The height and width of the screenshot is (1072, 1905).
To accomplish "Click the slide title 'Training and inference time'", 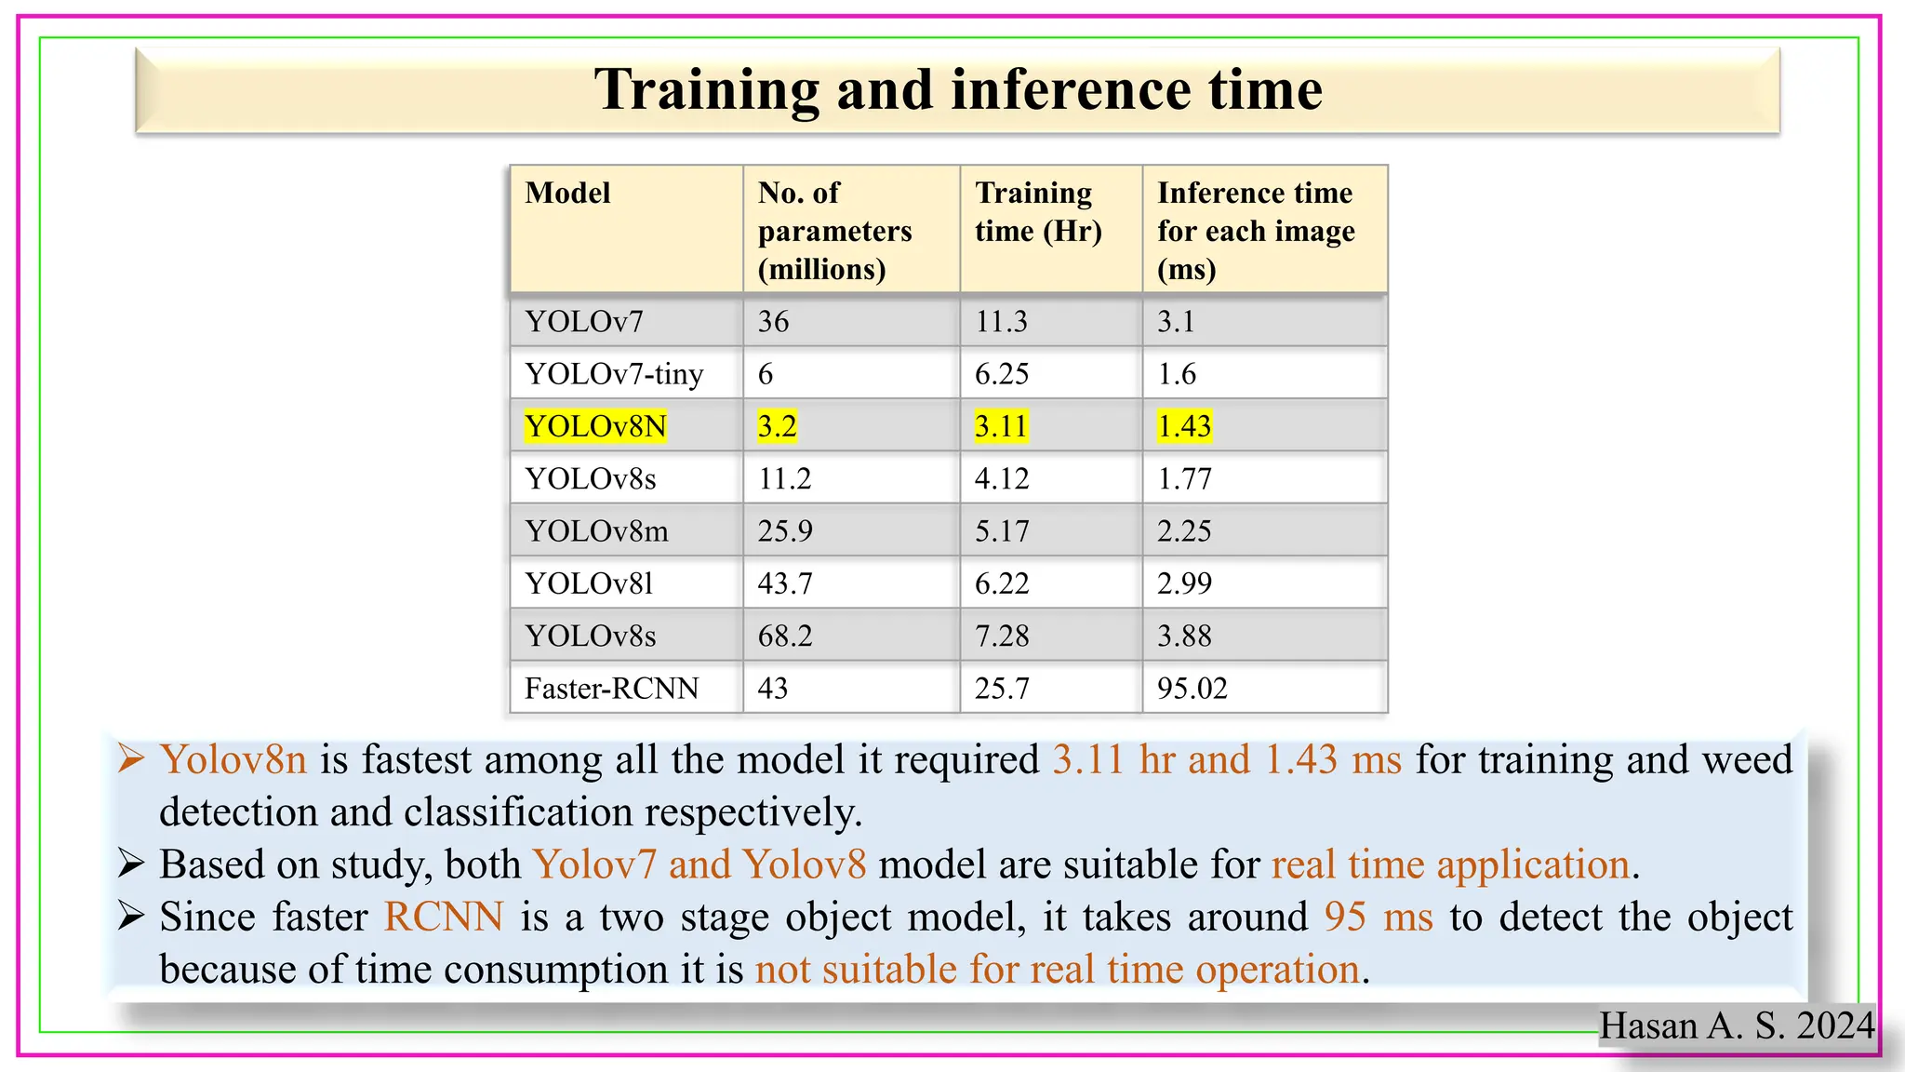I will coord(958,90).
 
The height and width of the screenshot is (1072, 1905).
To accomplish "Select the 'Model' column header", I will coord(567,194).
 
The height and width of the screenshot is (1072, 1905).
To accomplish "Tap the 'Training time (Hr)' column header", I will coord(1037,212).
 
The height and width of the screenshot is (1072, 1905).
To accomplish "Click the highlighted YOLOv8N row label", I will coord(595,426).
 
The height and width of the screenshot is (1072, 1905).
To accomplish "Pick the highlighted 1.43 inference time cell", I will coord(1184,426).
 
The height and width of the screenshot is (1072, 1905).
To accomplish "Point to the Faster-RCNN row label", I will coord(611,689).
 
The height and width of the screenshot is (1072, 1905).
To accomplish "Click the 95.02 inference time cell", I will coord(1192,689).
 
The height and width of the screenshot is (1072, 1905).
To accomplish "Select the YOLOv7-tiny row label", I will coord(614,374).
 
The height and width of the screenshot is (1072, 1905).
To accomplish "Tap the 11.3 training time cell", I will coord(1001,322).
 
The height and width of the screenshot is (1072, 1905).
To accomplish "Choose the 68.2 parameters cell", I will coord(785,636).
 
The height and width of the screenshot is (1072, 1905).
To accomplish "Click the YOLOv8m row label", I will coord(596,531).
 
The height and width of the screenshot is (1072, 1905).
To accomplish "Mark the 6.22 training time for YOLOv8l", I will coord(1002,583).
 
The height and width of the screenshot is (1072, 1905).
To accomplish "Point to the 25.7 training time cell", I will coord(1001,689).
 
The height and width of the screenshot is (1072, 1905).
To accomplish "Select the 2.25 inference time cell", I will coord(1184,531).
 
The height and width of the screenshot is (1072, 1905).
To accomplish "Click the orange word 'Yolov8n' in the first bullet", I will coord(233,760).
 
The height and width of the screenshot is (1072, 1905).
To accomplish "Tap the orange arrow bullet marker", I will coord(130,759).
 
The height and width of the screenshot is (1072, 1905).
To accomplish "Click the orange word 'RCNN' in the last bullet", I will coord(444,918).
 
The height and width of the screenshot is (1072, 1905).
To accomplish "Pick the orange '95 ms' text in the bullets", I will coord(1379,918).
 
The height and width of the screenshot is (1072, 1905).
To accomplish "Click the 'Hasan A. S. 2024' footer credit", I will coord(1736,1025).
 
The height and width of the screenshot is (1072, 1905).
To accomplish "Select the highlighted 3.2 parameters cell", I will coord(777,426).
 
